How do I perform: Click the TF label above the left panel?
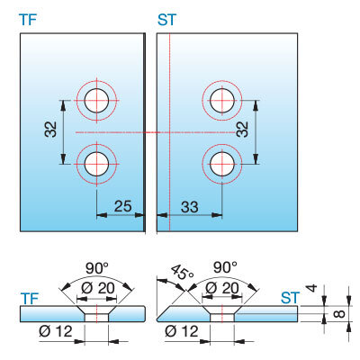[x=28, y=20]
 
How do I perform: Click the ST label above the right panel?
[x=166, y=20]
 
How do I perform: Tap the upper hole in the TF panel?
[x=96, y=101]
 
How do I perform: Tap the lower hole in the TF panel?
[x=96, y=164]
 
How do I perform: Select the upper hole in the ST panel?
[x=222, y=101]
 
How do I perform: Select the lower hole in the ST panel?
[x=222, y=164]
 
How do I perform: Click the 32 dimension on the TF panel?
[x=50, y=130]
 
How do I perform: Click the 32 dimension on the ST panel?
[x=242, y=130]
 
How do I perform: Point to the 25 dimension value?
[x=123, y=206]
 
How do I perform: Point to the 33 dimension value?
[x=190, y=207]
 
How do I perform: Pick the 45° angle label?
[x=183, y=272]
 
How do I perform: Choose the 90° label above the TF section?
[x=97, y=268]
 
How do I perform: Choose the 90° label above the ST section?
[x=225, y=267]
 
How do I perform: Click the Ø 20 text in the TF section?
[x=98, y=288]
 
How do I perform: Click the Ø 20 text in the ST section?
[x=222, y=288]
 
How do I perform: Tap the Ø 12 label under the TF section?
[x=56, y=331]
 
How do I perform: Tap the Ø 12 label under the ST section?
[x=182, y=331]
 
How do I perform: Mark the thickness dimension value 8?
[x=338, y=314]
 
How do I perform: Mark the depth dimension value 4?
[x=312, y=288]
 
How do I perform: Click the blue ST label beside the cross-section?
[x=290, y=298]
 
